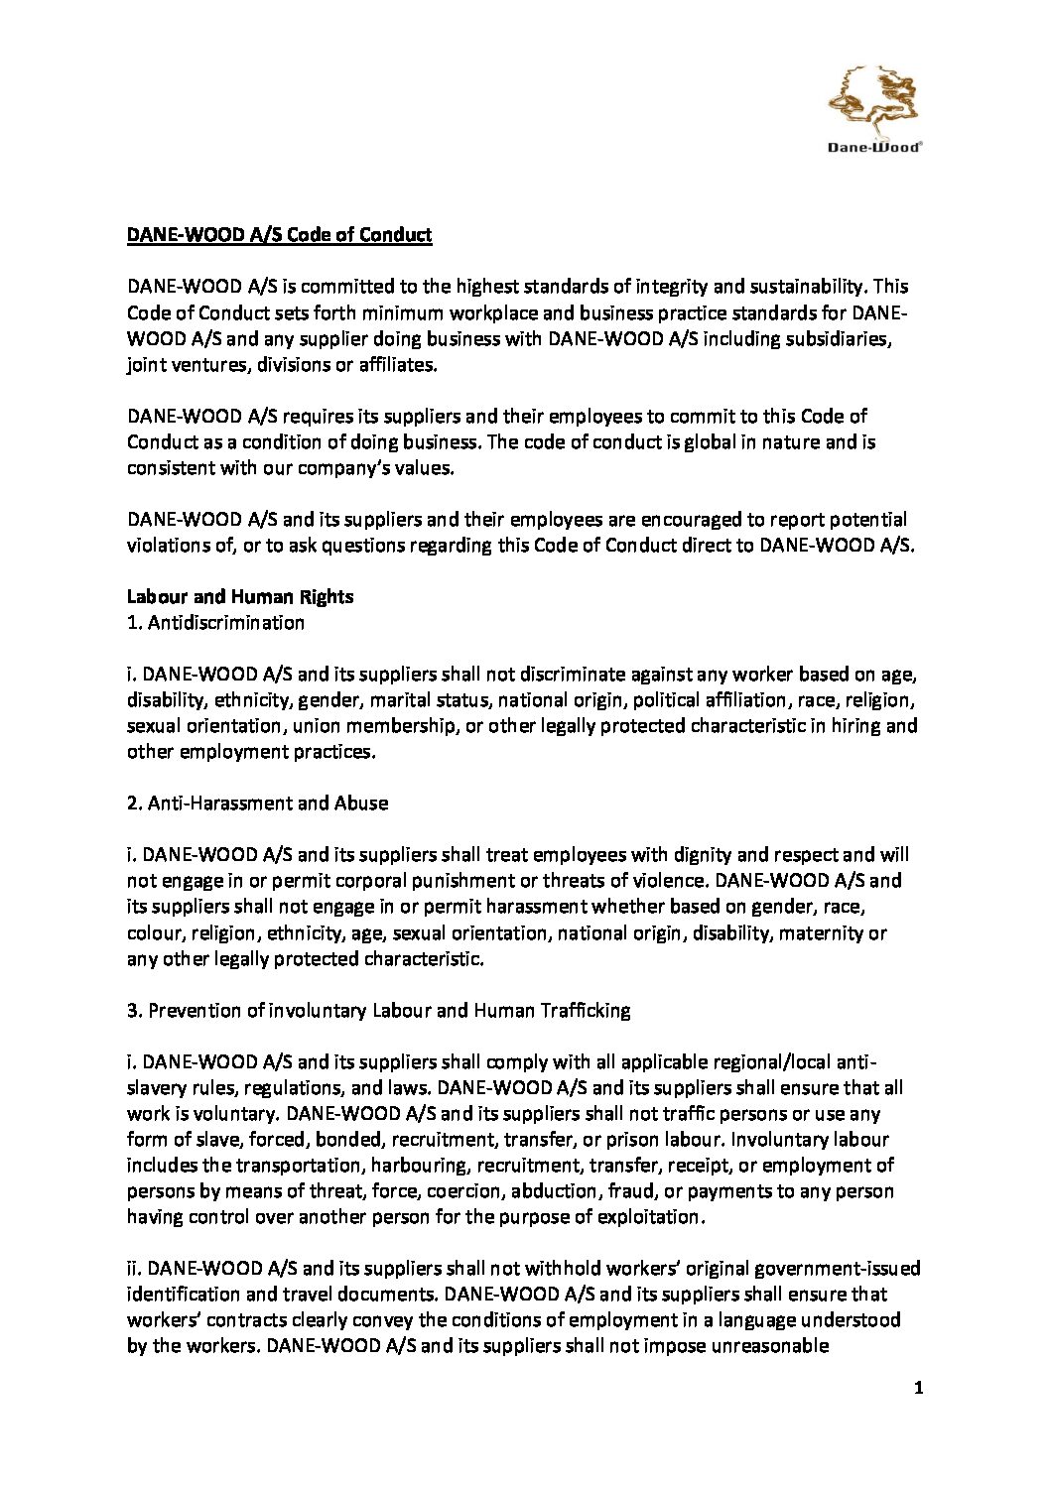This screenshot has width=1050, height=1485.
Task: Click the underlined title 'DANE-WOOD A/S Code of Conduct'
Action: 279,235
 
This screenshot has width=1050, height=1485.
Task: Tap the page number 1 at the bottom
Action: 918,1388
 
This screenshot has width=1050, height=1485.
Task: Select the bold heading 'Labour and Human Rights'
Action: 240,596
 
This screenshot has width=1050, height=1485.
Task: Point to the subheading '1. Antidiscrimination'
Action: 215,622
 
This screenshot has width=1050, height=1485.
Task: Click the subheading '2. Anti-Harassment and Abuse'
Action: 257,803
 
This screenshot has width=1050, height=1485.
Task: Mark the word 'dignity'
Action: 702,854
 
